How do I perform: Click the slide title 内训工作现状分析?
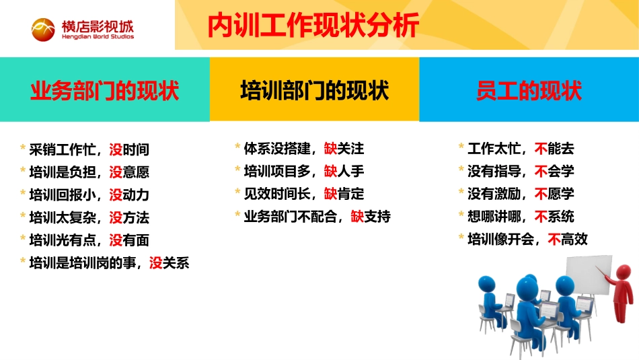tap(313, 26)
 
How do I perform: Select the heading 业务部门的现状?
tap(105, 90)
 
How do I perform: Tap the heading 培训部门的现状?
tap(314, 90)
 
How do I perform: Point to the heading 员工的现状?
tap(529, 90)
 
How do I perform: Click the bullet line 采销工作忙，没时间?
tap(89, 149)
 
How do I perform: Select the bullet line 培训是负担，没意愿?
tap(89, 172)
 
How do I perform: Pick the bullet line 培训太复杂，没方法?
tap(89, 217)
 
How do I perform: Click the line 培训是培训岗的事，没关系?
tap(109, 262)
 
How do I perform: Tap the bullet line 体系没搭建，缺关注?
tap(303, 148)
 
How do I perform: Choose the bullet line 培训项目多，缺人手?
tap(303, 171)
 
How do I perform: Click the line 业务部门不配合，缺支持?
tap(317, 217)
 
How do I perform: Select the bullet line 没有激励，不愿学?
tap(521, 194)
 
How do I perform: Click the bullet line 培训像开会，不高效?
tap(527, 239)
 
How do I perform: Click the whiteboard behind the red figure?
tap(585, 276)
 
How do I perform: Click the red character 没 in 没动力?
tap(116, 194)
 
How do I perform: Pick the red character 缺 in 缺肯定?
tap(330, 194)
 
